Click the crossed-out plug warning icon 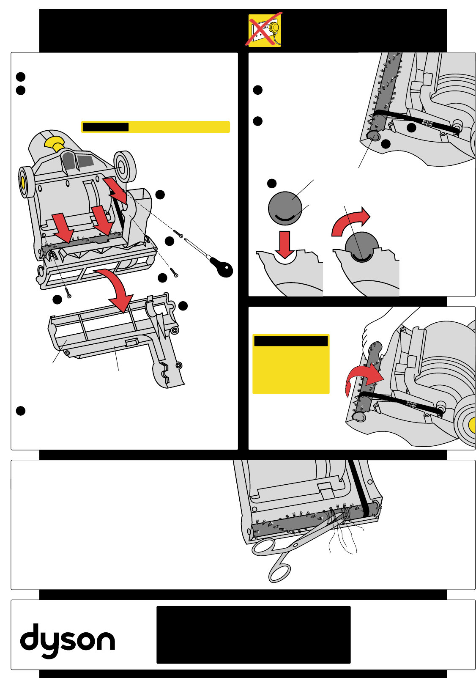tap(265, 30)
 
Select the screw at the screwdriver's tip tap(178, 233)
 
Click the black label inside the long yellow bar tap(106, 127)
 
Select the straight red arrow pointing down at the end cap tap(285, 244)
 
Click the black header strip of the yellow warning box tap(291, 341)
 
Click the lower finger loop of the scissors tap(279, 573)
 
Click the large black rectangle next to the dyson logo tap(253, 634)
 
